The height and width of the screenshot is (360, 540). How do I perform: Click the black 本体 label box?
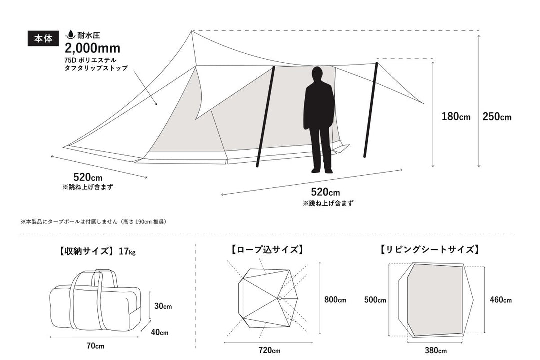43,39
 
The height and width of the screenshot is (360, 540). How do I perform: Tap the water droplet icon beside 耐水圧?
71,35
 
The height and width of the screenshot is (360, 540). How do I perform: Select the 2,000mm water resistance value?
92,48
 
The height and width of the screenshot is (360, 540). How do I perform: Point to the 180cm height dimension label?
456,116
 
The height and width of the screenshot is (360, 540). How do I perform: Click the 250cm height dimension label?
497,117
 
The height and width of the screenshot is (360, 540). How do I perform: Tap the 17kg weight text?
127,251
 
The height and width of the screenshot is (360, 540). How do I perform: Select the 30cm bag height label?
163,306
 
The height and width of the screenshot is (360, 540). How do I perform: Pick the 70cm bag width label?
95,346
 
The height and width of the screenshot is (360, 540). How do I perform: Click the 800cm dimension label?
335,299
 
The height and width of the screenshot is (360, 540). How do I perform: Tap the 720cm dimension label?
269,350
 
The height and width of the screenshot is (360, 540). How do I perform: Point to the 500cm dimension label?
375,300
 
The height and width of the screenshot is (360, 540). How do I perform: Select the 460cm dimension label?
500,300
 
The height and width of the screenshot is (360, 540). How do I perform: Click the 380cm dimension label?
435,350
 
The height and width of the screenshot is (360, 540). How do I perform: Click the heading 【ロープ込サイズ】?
267,250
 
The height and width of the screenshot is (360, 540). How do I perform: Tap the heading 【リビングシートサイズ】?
430,250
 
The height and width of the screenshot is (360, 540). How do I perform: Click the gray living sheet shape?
435,299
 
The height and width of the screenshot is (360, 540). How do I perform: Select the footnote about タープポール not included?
93,222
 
